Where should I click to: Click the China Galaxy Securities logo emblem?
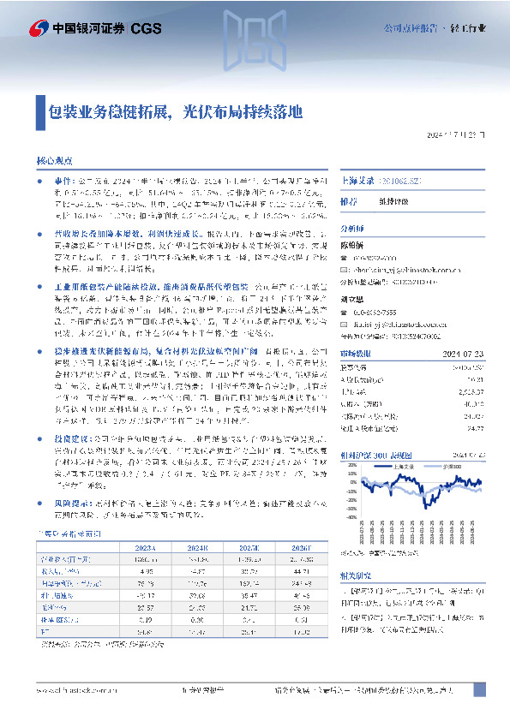(39, 28)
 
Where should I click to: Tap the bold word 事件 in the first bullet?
(62, 182)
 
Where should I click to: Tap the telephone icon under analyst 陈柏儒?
(346, 257)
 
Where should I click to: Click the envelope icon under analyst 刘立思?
(346, 325)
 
